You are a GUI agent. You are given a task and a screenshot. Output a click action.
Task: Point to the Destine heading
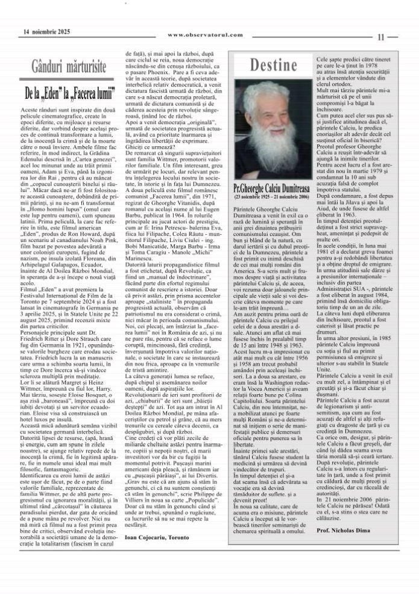(271, 64)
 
